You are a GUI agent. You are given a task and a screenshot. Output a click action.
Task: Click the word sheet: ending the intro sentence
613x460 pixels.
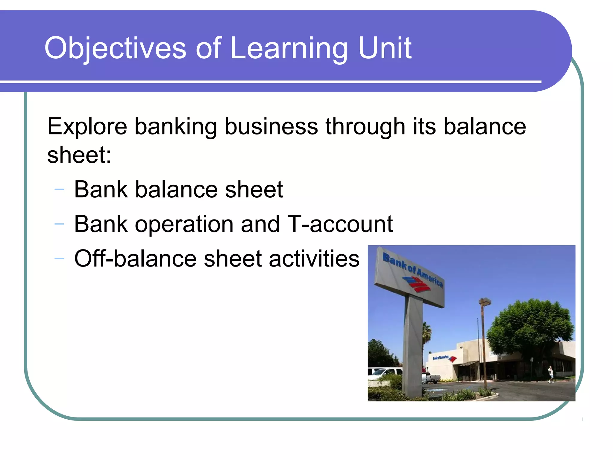[x=79, y=155]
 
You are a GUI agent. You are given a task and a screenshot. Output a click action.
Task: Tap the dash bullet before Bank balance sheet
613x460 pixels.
[x=59, y=189]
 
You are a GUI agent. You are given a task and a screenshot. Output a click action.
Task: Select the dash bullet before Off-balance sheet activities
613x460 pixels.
[x=59, y=258]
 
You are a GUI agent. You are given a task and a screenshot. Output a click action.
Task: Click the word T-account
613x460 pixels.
[x=340, y=224]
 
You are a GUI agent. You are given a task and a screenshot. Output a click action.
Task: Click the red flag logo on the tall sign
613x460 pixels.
[x=417, y=285]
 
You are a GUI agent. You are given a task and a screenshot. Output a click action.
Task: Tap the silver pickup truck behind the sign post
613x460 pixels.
[x=430, y=378]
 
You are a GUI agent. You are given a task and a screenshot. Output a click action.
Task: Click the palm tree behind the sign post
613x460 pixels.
[x=427, y=332]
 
